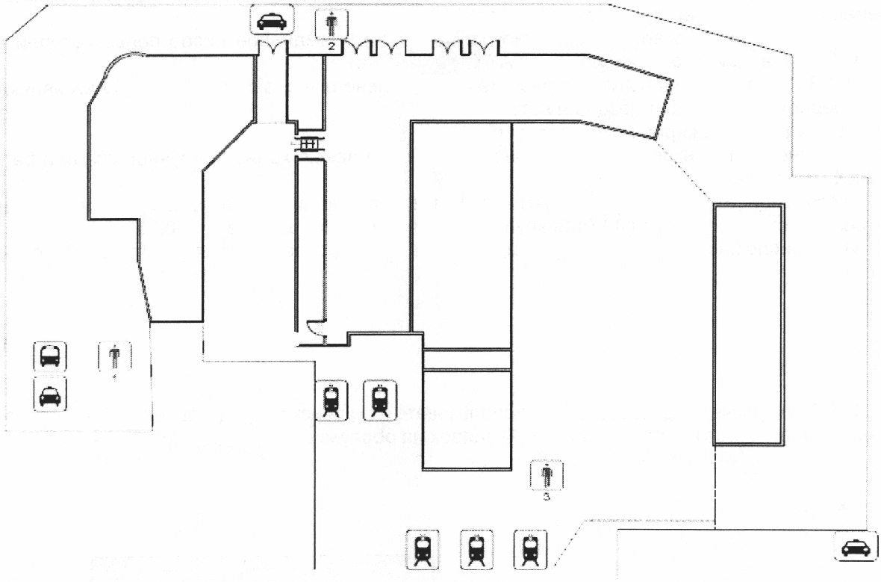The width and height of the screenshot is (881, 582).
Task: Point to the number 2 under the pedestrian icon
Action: (331, 45)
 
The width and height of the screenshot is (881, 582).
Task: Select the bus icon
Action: (50, 356)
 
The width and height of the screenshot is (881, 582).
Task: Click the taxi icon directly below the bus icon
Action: (50, 394)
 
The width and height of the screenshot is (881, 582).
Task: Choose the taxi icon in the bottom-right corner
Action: (853, 548)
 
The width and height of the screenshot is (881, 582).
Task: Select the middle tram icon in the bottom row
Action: (476, 549)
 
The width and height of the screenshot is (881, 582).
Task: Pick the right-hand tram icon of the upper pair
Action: (379, 400)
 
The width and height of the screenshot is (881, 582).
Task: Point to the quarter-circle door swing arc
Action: (315, 329)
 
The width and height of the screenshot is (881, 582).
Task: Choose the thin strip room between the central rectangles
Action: (467, 359)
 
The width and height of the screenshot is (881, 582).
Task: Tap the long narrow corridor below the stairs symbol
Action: (309, 247)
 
